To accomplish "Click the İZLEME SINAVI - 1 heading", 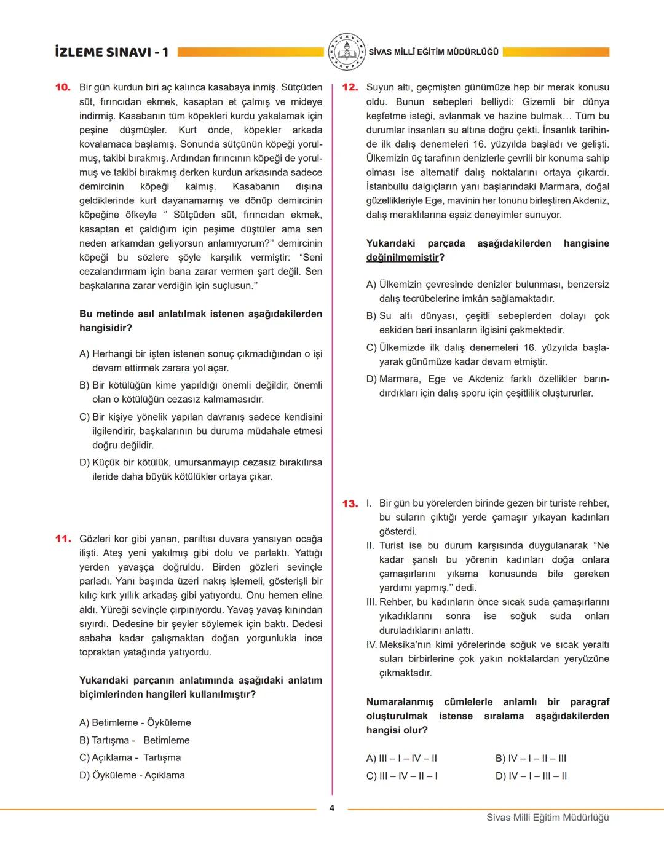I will [x=111, y=52].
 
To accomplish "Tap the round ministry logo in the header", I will [x=346, y=52].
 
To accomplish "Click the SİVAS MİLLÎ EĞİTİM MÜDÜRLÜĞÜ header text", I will [x=433, y=52].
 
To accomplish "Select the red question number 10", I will [x=63, y=87].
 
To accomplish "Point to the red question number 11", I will [x=63, y=539].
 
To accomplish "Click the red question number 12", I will [x=350, y=87].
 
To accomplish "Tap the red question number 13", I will [x=350, y=504].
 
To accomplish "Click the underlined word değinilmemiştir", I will [x=403, y=258].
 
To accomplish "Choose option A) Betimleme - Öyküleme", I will [x=135, y=723].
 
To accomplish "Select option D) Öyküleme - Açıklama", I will [x=132, y=775].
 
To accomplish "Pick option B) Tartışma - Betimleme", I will [x=135, y=740].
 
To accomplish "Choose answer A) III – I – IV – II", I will [x=401, y=759].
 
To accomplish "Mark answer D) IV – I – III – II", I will [x=531, y=776].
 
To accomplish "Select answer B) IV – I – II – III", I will [x=531, y=759].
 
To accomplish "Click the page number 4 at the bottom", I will [x=332, y=808].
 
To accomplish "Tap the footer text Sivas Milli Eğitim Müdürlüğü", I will [x=547, y=818].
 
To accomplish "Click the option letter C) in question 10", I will [x=85, y=417].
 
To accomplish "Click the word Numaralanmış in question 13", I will [x=400, y=702].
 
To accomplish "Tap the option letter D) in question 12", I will [x=371, y=379].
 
